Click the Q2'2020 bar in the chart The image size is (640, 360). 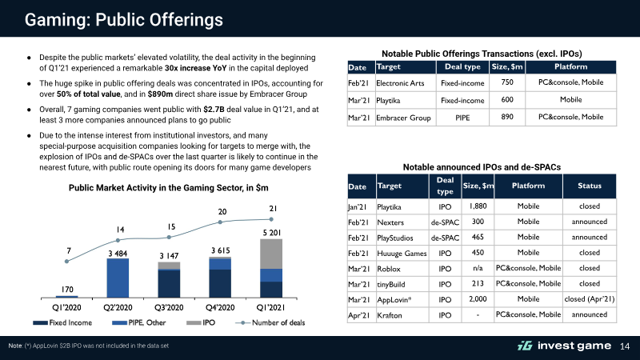(x=118, y=278)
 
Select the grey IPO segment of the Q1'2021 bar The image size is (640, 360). (x=271, y=254)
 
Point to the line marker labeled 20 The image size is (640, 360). (x=220, y=222)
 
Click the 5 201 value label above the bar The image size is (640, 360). (x=272, y=233)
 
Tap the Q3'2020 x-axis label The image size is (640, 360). (x=169, y=307)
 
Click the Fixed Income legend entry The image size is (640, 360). (x=62, y=322)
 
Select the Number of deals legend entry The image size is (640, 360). (x=270, y=322)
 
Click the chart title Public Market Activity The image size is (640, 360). (x=169, y=188)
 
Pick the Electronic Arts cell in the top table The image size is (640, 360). (x=400, y=83)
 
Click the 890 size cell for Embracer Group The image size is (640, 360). (x=507, y=117)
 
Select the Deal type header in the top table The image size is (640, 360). (x=462, y=66)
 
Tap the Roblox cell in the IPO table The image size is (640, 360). (x=389, y=269)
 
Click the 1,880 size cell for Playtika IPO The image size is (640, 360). (x=478, y=206)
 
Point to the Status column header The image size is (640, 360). (x=590, y=186)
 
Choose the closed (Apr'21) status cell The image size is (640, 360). (x=590, y=298)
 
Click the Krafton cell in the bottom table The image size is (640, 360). (x=390, y=315)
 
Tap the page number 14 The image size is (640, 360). (x=625, y=346)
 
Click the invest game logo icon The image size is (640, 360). (x=525, y=346)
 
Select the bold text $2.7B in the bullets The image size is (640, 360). (x=214, y=110)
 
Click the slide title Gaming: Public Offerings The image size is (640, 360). (x=124, y=19)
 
